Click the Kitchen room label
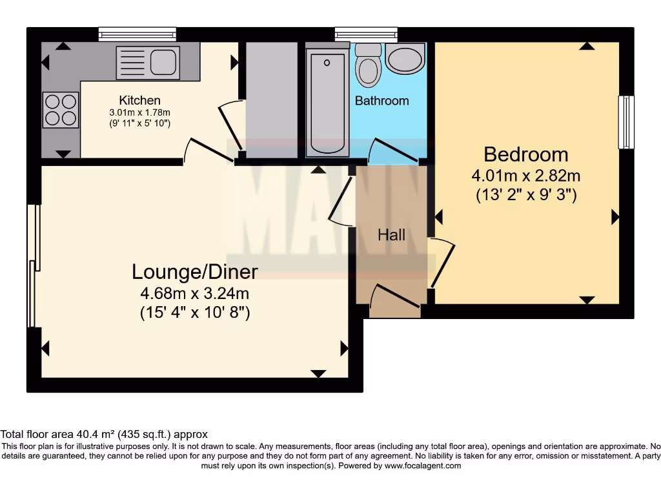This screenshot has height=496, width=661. [x=139, y=100]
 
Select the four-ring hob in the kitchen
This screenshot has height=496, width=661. [x=60, y=109]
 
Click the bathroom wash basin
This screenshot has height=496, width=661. [x=405, y=59]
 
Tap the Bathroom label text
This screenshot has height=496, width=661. [x=381, y=101]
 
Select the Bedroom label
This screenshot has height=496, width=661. [x=525, y=155]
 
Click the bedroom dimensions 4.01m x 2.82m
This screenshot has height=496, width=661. [x=525, y=176]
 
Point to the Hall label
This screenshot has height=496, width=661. [x=391, y=234]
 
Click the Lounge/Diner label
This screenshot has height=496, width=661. [x=194, y=272]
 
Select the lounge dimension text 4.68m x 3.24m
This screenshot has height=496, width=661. [x=194, y=294]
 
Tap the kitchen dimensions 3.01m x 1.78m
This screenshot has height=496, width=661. [x=139, y=112]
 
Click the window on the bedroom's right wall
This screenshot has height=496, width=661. [x=625, y=122]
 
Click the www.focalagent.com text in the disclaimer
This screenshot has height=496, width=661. [x=424, y=466]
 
